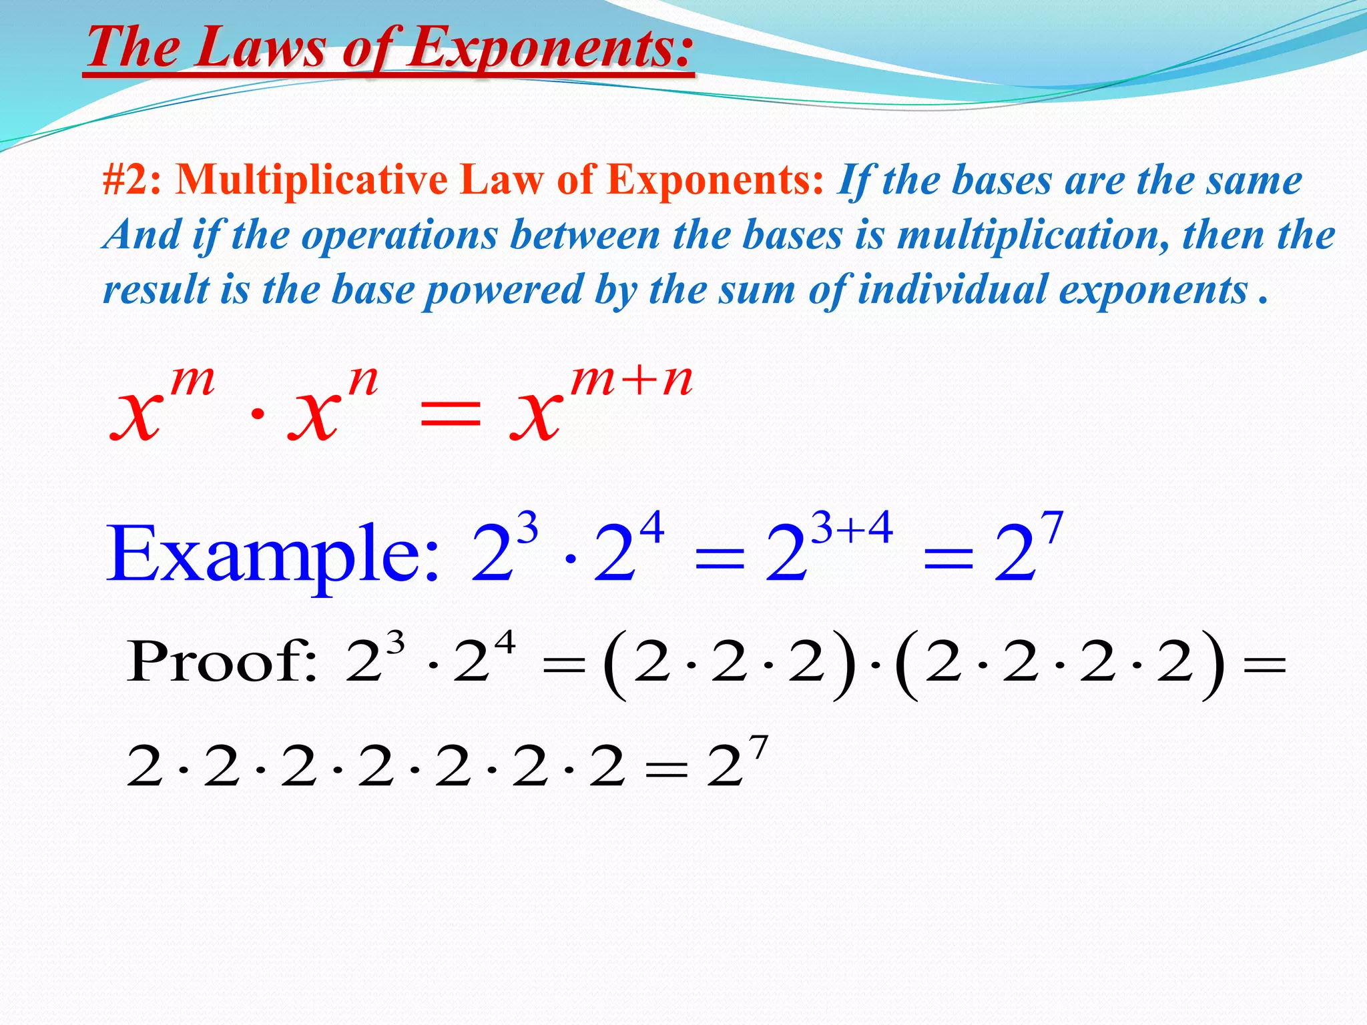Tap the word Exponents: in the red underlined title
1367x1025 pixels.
[551, 48]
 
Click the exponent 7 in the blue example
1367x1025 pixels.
[1052, 527]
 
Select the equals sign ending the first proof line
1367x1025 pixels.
[1264, 665]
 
